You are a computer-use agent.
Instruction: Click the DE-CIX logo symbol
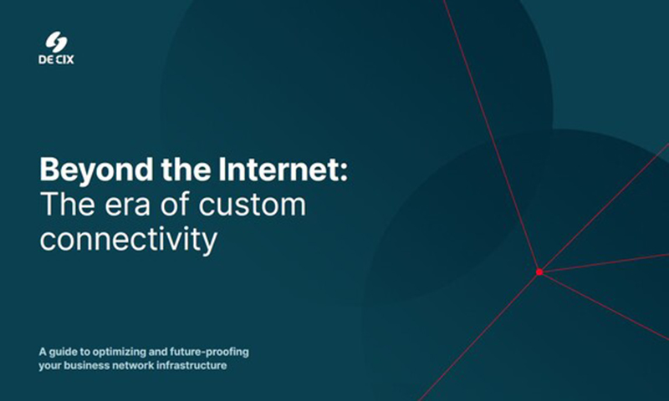click(56, 42)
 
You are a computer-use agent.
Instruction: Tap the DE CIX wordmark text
click(56, 59)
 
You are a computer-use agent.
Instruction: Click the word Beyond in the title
click(96, 171)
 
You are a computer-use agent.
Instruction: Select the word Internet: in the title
click(283, 170)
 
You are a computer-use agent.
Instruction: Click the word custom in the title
click(253, 204)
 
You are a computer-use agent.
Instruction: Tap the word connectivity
click(129, 240)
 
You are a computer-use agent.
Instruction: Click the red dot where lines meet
click(539, 272)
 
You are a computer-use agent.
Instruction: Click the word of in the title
click(175, 204)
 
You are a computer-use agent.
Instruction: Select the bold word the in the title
click(186, 170)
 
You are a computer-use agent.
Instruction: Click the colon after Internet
click(345, 174)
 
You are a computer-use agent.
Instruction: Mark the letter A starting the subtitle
click(43, 352)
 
